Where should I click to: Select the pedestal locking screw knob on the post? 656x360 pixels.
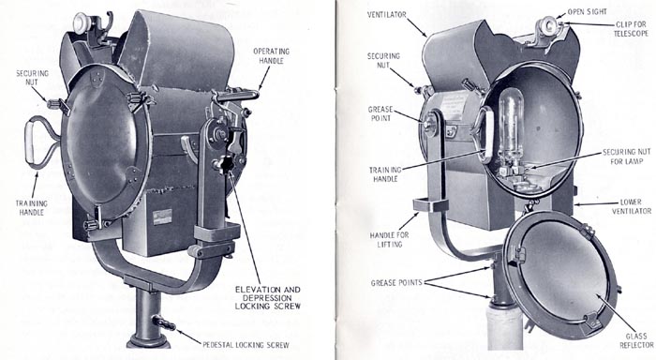[x=165, y=324]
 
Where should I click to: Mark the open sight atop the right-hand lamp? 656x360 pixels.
[x=546, y=24]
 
